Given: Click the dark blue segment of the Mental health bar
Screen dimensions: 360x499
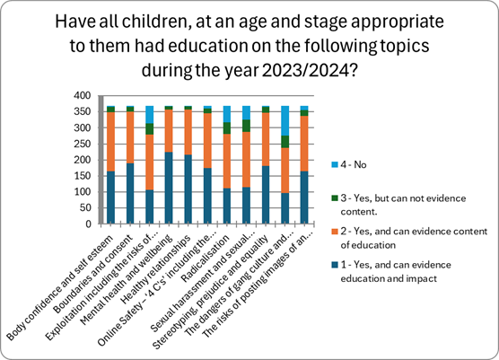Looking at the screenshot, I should click(x=168, y=189).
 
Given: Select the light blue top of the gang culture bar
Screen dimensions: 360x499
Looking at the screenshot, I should click(x=285, y=120).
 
